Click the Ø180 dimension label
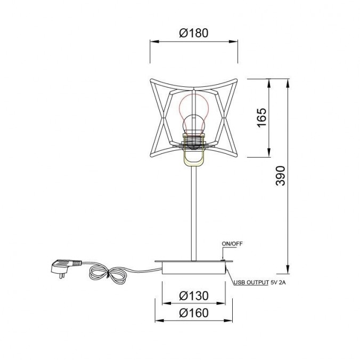(x=193, y=33)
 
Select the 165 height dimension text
(x=261, y=118)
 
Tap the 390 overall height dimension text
(x=281, y=175)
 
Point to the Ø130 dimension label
(x=193, y=296)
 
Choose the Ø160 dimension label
(x=193, y=313)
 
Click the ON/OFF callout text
(x=232, y=244)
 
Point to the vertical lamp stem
(x=194, y=213)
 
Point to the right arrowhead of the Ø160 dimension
(x=231, y=321)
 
